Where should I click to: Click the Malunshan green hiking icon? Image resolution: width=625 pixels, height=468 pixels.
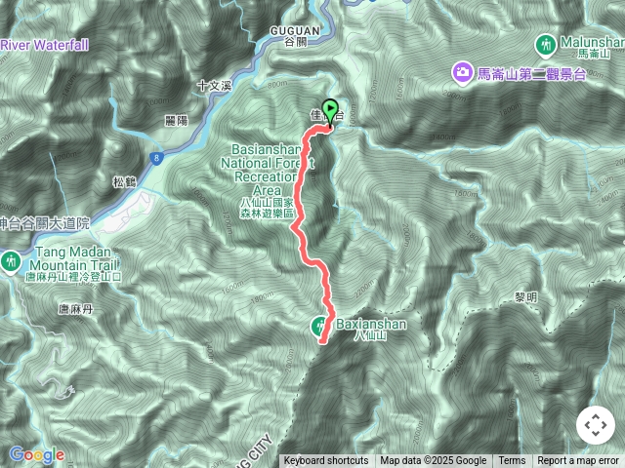coord(545,44)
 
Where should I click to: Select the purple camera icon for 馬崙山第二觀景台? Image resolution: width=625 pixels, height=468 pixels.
coord(460,71)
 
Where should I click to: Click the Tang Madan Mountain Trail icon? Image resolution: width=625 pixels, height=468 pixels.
coord(11,260)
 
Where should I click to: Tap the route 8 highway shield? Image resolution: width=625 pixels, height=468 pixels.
coord(156,157)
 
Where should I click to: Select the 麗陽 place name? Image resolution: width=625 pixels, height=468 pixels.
coord(176,120)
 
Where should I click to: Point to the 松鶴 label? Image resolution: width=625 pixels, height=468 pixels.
coord(124,181)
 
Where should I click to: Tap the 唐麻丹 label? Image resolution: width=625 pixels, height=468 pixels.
coord(74,309)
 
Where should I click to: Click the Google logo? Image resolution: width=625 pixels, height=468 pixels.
coord(36,454)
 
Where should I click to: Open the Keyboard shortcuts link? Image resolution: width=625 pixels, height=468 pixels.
coord(325,461)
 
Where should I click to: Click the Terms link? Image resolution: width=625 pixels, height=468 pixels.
coord(512,461)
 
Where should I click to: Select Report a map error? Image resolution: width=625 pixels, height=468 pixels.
coord(578,461)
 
